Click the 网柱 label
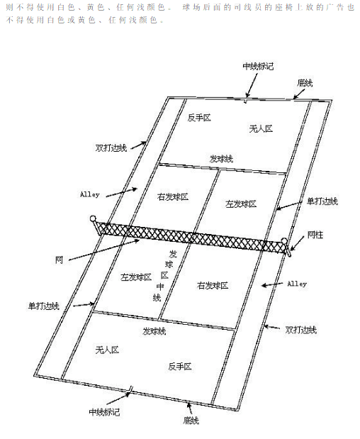click(x=315, y=235)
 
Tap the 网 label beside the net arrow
click(x=59, y=260)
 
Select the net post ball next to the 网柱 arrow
click(x=284, y=241)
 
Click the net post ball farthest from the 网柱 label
click(x=93, y=218)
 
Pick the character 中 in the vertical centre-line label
click(x=160, y=287)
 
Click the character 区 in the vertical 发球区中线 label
click(x=164, y=275)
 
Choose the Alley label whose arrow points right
click(x=90, y=194)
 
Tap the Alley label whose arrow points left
click(x=297, y=284)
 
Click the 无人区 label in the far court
click(x=261, y=129)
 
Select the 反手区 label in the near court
click(x=179, y=367)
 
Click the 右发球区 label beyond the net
click(x=173, y=197)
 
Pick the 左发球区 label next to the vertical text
click(x=136, y=277)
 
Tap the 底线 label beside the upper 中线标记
click(x=305, y=83)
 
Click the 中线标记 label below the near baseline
click(x=104, y=412)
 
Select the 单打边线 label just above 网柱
click(x=322, y=201)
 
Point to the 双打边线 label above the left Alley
click(x=111, y=148)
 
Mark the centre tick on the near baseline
click(x=131, y=389)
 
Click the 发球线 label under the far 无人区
click(x=221, y=159)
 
